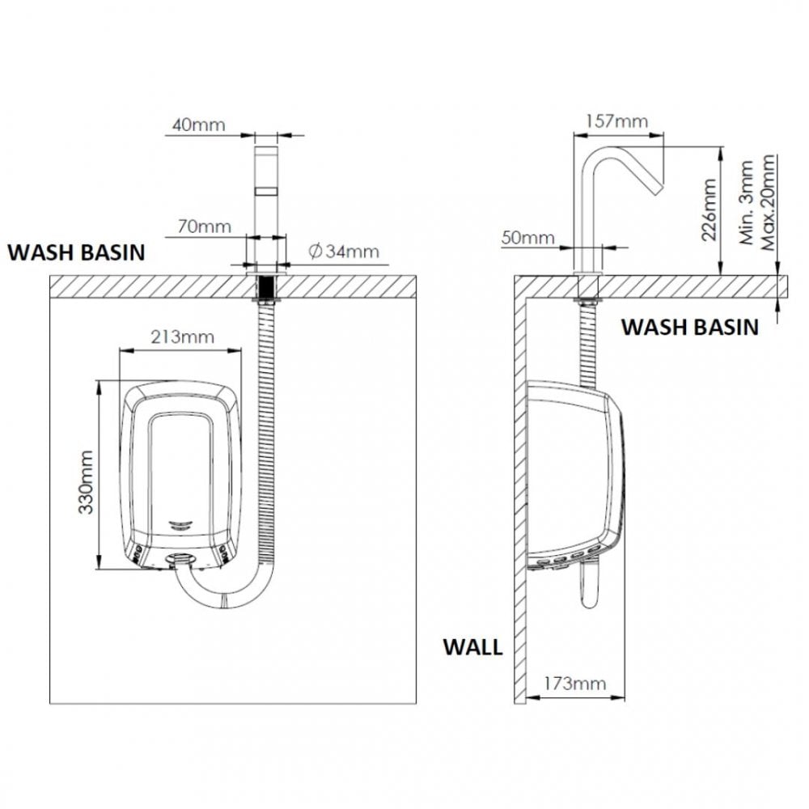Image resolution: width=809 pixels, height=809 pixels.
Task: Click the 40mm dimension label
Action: (197, 125)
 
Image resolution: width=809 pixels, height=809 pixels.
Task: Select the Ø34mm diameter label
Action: (343, 252)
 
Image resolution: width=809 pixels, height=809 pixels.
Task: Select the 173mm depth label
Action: (575, 684)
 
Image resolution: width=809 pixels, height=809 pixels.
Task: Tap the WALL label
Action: (472, 647)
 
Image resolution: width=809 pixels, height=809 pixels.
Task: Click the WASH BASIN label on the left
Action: (76, 252)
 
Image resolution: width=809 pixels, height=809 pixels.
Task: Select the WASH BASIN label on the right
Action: (689, 327)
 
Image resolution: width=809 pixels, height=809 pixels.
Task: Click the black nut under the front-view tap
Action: (265, 287)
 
